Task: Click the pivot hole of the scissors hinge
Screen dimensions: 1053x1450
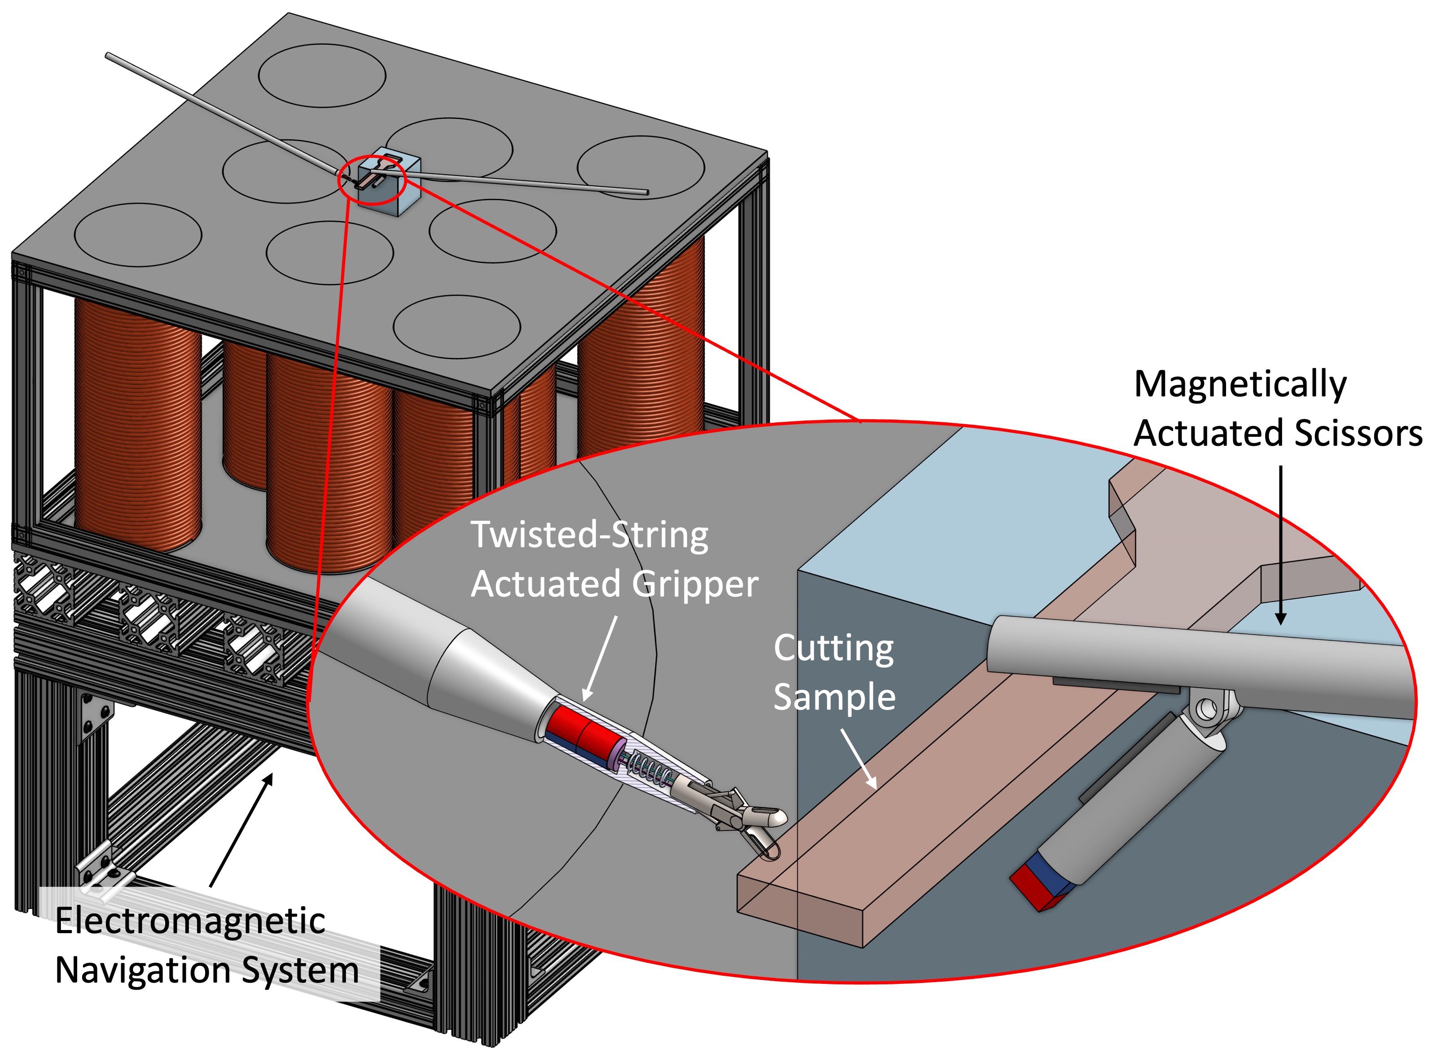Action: click(x=1208, y=708)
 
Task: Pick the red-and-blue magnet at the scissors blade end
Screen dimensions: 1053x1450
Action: click(x=1041, y=886)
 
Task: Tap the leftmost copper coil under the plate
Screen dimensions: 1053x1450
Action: click(x=137, y=422)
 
